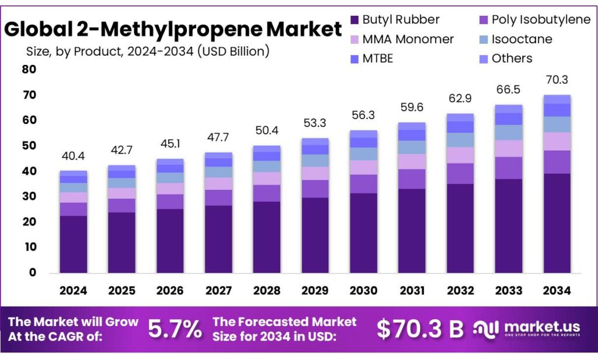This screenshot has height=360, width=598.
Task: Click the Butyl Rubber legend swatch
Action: point(354,19)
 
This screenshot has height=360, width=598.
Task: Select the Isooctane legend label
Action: point(521,39)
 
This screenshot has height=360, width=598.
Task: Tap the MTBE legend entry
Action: point(378,58)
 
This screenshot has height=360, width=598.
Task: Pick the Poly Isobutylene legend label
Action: point(541,19)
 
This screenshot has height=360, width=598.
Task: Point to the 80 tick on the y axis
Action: point(29,70)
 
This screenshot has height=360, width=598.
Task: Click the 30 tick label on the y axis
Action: point(29,196)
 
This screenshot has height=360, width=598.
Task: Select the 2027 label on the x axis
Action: point(218,290)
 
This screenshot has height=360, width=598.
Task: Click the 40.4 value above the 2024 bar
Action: point(73,157)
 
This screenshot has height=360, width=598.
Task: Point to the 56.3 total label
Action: point(363,116)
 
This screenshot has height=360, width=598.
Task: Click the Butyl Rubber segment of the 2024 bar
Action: point(73,244)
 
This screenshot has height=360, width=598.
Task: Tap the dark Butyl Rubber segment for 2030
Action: point(363,233)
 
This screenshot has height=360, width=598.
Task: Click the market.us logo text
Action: point(536,326)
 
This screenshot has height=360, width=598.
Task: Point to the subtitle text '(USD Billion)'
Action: point(234,51)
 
